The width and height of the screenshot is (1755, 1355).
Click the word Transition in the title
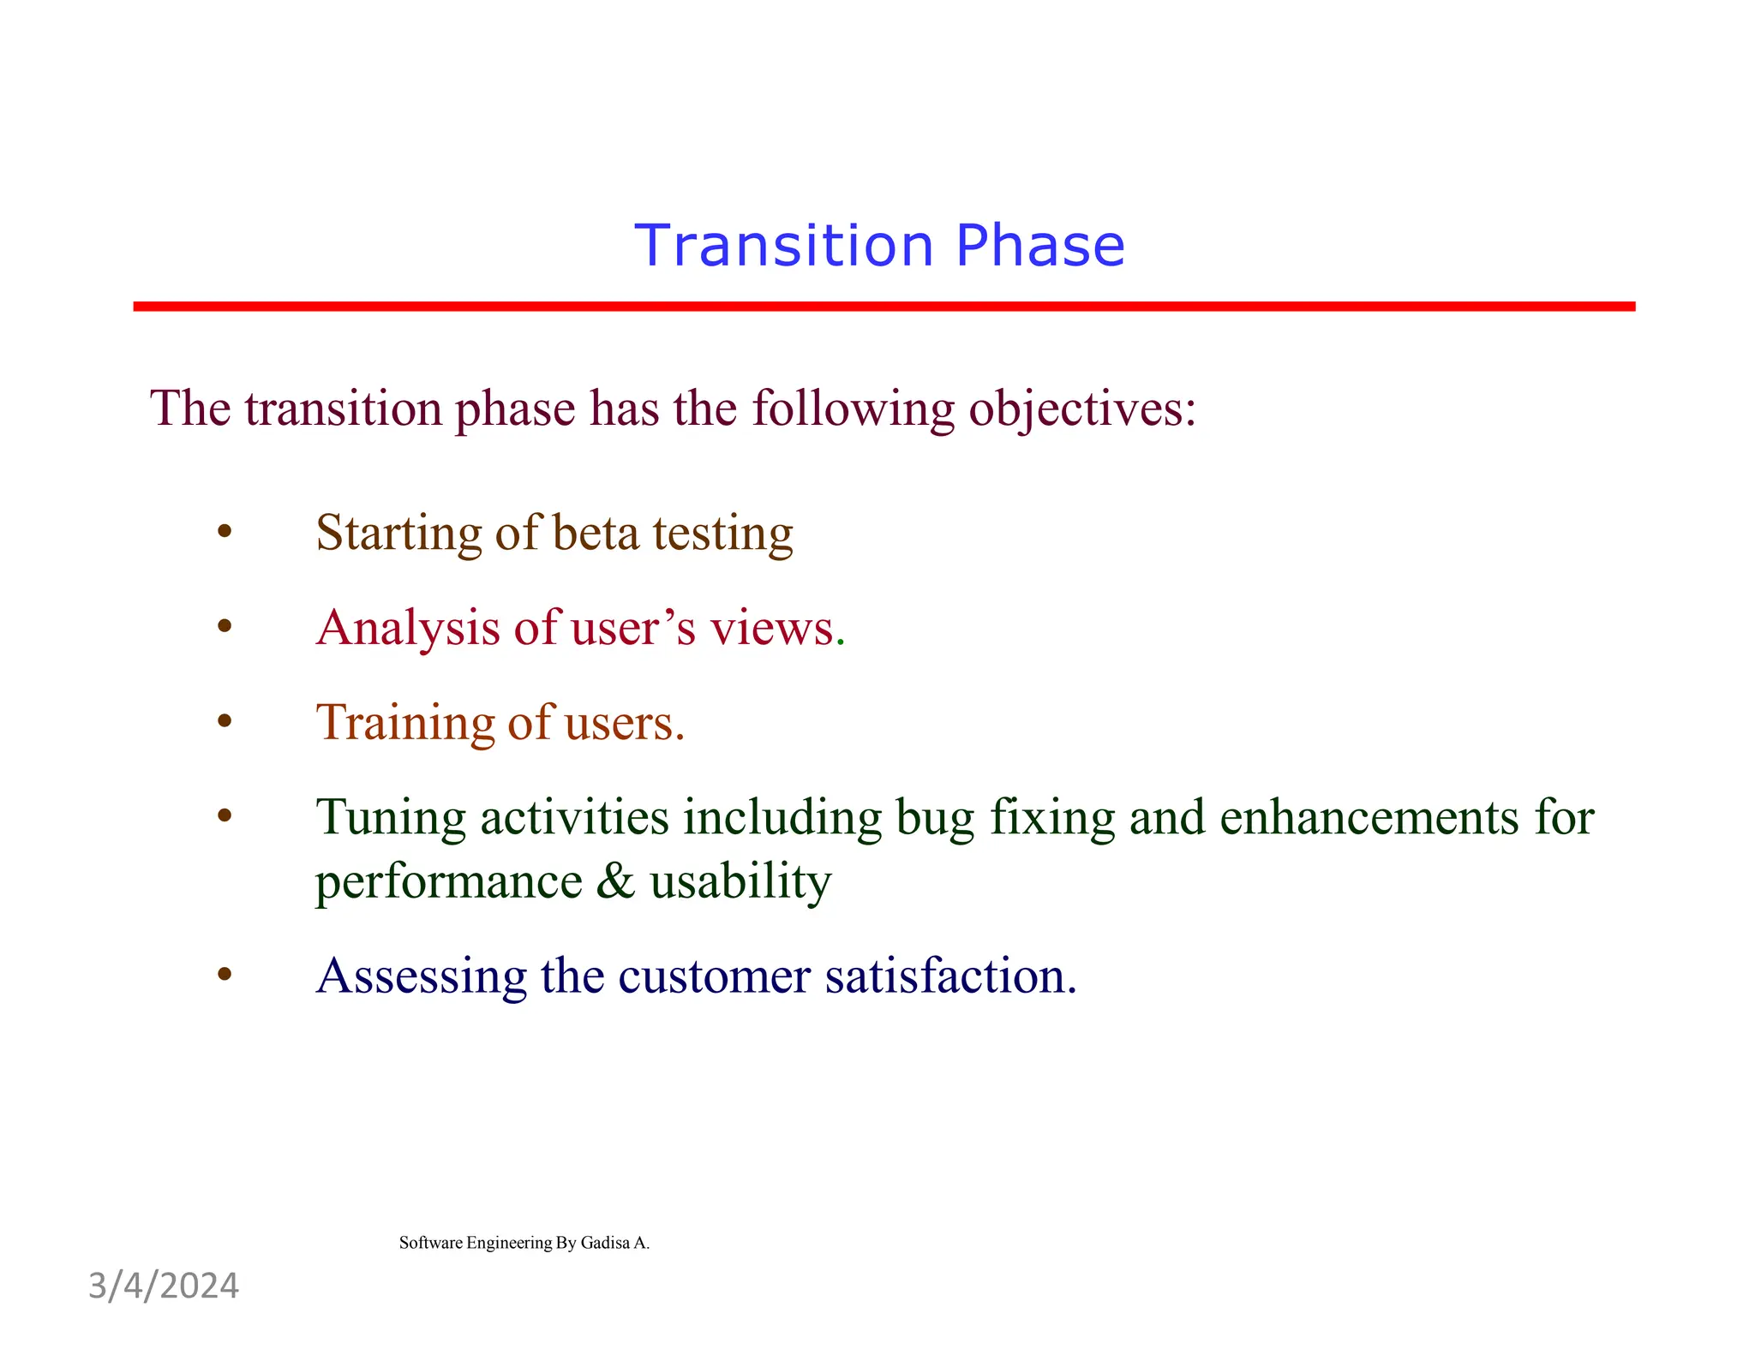coord(783,246)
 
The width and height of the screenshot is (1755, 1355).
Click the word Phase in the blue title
coord(1039,246)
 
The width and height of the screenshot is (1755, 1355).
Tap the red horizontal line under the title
coord(883,306)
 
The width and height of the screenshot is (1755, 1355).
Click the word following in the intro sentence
coord(852,409)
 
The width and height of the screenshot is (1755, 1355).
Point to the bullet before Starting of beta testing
coord(225,532)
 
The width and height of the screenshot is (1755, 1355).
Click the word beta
coord(596,533)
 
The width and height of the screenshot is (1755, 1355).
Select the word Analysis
coord(408,629)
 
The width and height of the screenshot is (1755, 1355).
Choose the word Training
coord(404,723)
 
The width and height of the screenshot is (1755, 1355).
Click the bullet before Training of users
coord(225,721)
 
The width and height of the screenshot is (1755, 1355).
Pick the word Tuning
coord(391,818)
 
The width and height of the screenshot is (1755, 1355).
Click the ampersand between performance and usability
coord(615,881)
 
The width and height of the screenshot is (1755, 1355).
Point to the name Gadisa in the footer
coord(605,1243)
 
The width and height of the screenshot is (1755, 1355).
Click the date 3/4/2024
coord(164,1286)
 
